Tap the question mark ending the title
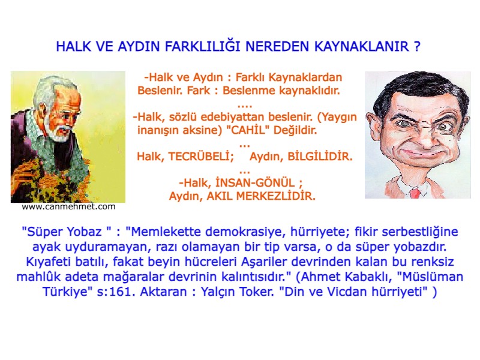pyautogui.click(x=416, y=47)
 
